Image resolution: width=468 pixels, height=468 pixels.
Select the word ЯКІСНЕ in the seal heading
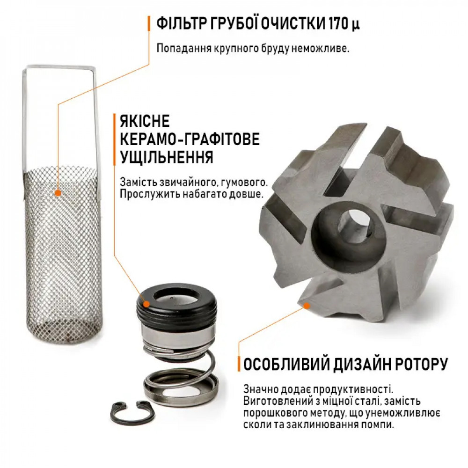pyautogui.click(x=145, y=122)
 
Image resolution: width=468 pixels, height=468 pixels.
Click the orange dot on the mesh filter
pyautogui.click(x=58, y=192)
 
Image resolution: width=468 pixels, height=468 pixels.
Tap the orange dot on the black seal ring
pyautogui.click(x=146, y=304)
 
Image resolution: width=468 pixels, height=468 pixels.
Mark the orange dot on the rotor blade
pyautogui.click(x=307, y=306)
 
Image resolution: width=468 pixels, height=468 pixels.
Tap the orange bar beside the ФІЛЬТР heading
pyautogui.click(x=149, y=23)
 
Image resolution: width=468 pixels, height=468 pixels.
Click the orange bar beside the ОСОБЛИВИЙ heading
pyautogui.click(x=239, y=364)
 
